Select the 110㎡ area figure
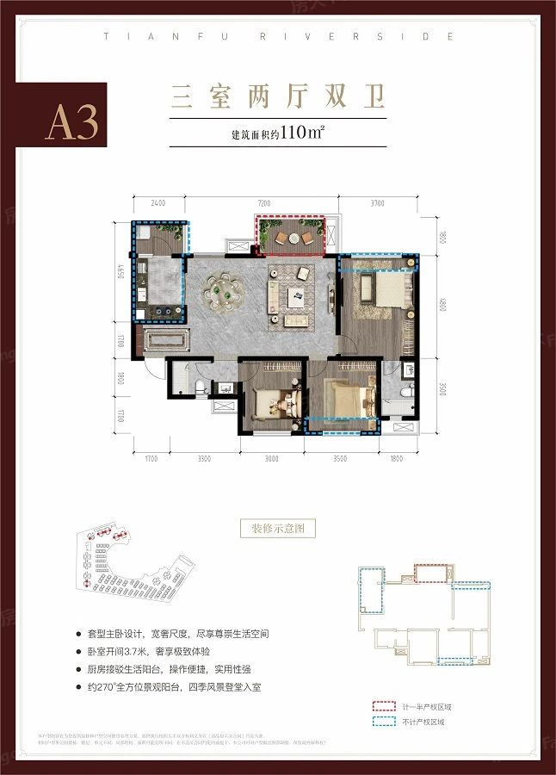pos(292,134)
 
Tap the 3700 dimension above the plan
pos(376,204)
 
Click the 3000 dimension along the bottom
pos(272,459)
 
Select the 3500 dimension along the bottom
pos(340,459)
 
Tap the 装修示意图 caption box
pos(278,528)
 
